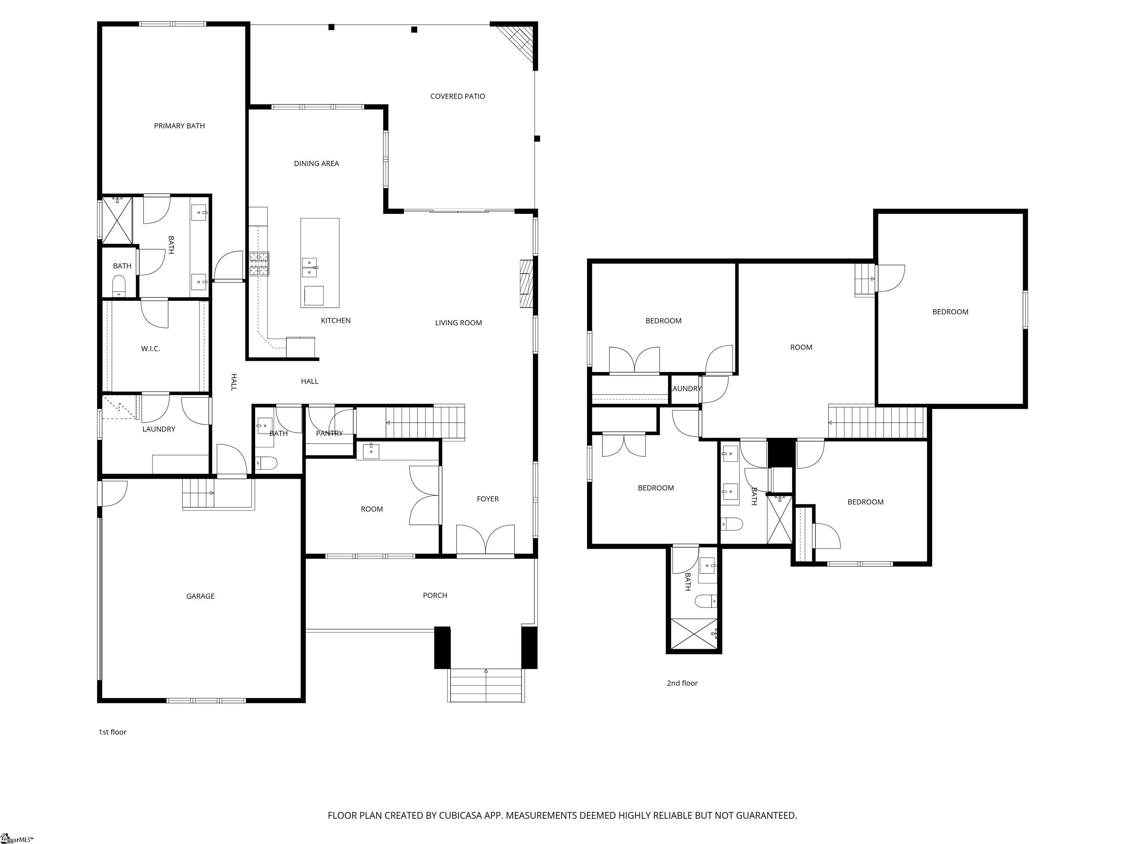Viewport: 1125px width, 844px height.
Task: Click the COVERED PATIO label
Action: click(457, 96)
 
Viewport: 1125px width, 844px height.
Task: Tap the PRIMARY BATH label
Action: click(179, 126)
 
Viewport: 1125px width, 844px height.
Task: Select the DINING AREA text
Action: click(316, 163)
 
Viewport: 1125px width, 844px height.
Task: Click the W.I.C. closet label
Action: click(151, 348)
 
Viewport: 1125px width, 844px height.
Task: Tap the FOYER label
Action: click(488, 499)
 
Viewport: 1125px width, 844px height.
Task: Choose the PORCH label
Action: click(435, 595)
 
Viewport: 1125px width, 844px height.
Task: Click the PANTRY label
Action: click(329, 433)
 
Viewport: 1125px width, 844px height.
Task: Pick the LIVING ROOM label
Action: click(458, 322)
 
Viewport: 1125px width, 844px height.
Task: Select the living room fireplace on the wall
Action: click(526, 284)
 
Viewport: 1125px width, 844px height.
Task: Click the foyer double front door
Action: click(486, 540)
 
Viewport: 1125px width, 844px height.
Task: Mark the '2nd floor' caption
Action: click(682, 683)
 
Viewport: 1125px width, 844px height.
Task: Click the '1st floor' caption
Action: click(112, 732)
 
